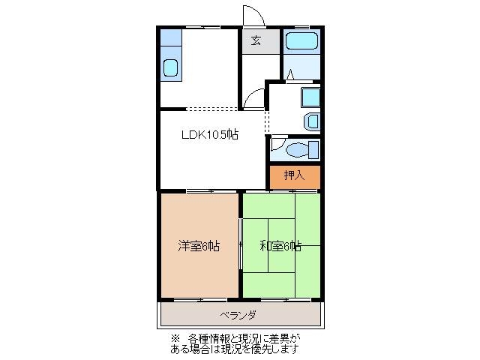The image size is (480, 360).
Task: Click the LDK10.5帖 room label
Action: [x=209, y=135]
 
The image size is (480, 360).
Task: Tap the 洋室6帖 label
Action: [x=199, y=245]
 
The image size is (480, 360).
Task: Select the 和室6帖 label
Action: [x=280, y=245]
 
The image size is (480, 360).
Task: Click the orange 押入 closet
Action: [x=295, y=176]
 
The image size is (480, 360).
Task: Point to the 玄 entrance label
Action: [x=256, y=41]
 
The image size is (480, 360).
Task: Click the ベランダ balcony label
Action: [x=238, y=314]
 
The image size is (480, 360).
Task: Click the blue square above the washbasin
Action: [x=309, y=97]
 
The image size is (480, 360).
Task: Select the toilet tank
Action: [x=314, y=149]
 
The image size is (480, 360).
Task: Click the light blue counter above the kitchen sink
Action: [x=171, y=38]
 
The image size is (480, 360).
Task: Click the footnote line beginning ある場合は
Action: [x=238, y=349]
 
